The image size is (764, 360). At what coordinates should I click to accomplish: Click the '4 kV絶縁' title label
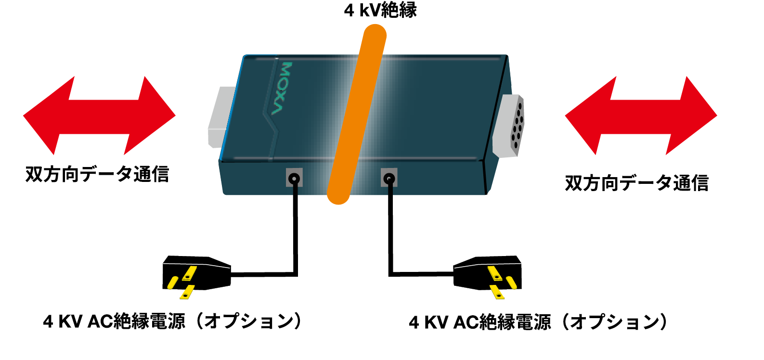pyautogui.click(x=380, y=10)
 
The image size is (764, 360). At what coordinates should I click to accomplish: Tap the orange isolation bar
pyautogui.click(x=356, y=114)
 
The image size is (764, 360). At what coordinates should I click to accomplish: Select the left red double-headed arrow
pyautogui.click(x=99, y=116)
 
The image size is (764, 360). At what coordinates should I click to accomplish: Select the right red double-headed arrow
pyautogui.click(x=641, y=116)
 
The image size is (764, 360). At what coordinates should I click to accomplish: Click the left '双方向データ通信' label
pyautogui.click(x=97, y=174)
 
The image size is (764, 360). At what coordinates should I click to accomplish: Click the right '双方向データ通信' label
pyautogui.click(x=637, y=183)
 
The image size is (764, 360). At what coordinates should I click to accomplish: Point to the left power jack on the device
pyautogui.click(x=294, y=178)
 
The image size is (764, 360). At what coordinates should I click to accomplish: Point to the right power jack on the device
pyautogui.click(x=389, y=178)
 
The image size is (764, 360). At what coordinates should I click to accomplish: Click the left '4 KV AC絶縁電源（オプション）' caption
pyautogui.click(x=172, y=321)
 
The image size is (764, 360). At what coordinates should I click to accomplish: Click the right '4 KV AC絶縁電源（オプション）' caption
pyautogui.click(x=538, y=322)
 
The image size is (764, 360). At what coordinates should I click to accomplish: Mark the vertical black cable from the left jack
pyautogui.click(x=296, y=227)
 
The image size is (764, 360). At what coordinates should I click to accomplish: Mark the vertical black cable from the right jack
pyautogui.click(x=390, y=227)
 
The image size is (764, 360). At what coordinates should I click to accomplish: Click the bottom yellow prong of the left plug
pyautogui.click(x=187, y=292)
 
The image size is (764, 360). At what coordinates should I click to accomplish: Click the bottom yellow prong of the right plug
pyautogui.click(x=497, y=292)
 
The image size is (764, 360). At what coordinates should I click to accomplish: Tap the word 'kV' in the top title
pyautogui.click(x=370, y=11)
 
